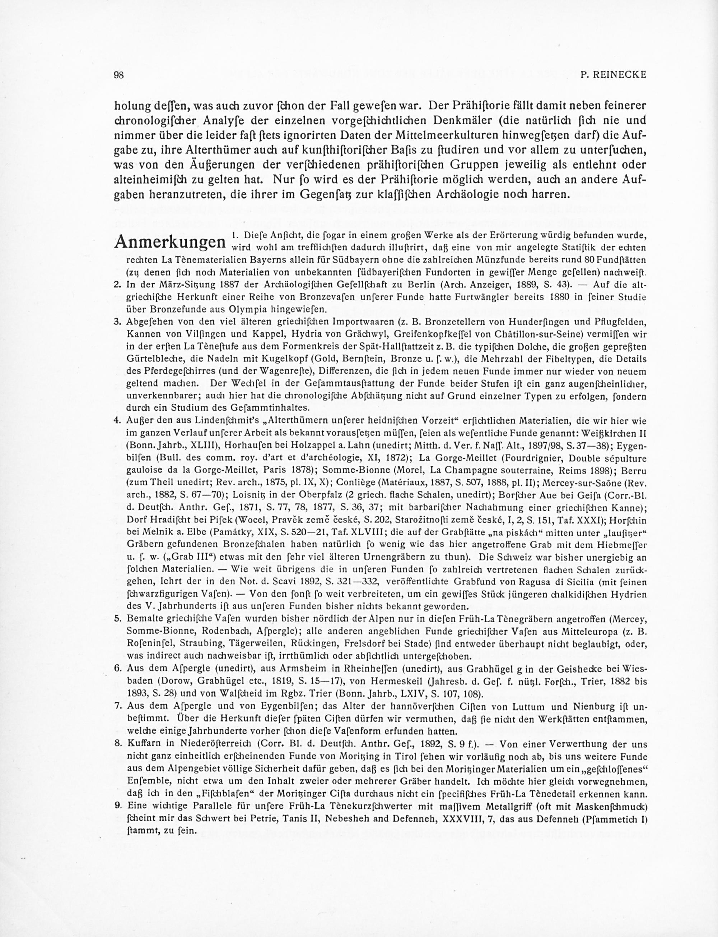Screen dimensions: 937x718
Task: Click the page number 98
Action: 118,75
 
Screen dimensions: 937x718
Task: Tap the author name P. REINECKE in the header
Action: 614,75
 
